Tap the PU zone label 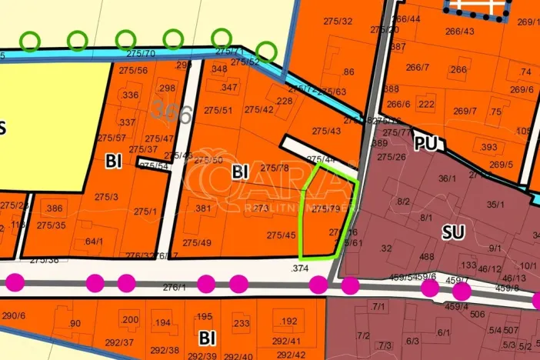(x=425, y=144)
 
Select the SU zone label (x=454, y=230)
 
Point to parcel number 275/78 (x=275, y=168)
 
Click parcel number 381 (x=204, y=208)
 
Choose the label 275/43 (x=326, y=131)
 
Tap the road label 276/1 (x=175, y=287)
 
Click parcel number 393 (x=488, y=147)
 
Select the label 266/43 (x=459, y=31)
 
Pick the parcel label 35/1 (x=495, y=205)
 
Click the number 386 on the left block (x=55, y=208)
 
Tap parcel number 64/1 (x=94, y=242)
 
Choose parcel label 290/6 (x=14, y=315)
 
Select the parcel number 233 (x=241, y=324)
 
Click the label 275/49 (x=196, y=243)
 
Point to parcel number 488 (x=427, y=257)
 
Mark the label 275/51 (x=218, y=110)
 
